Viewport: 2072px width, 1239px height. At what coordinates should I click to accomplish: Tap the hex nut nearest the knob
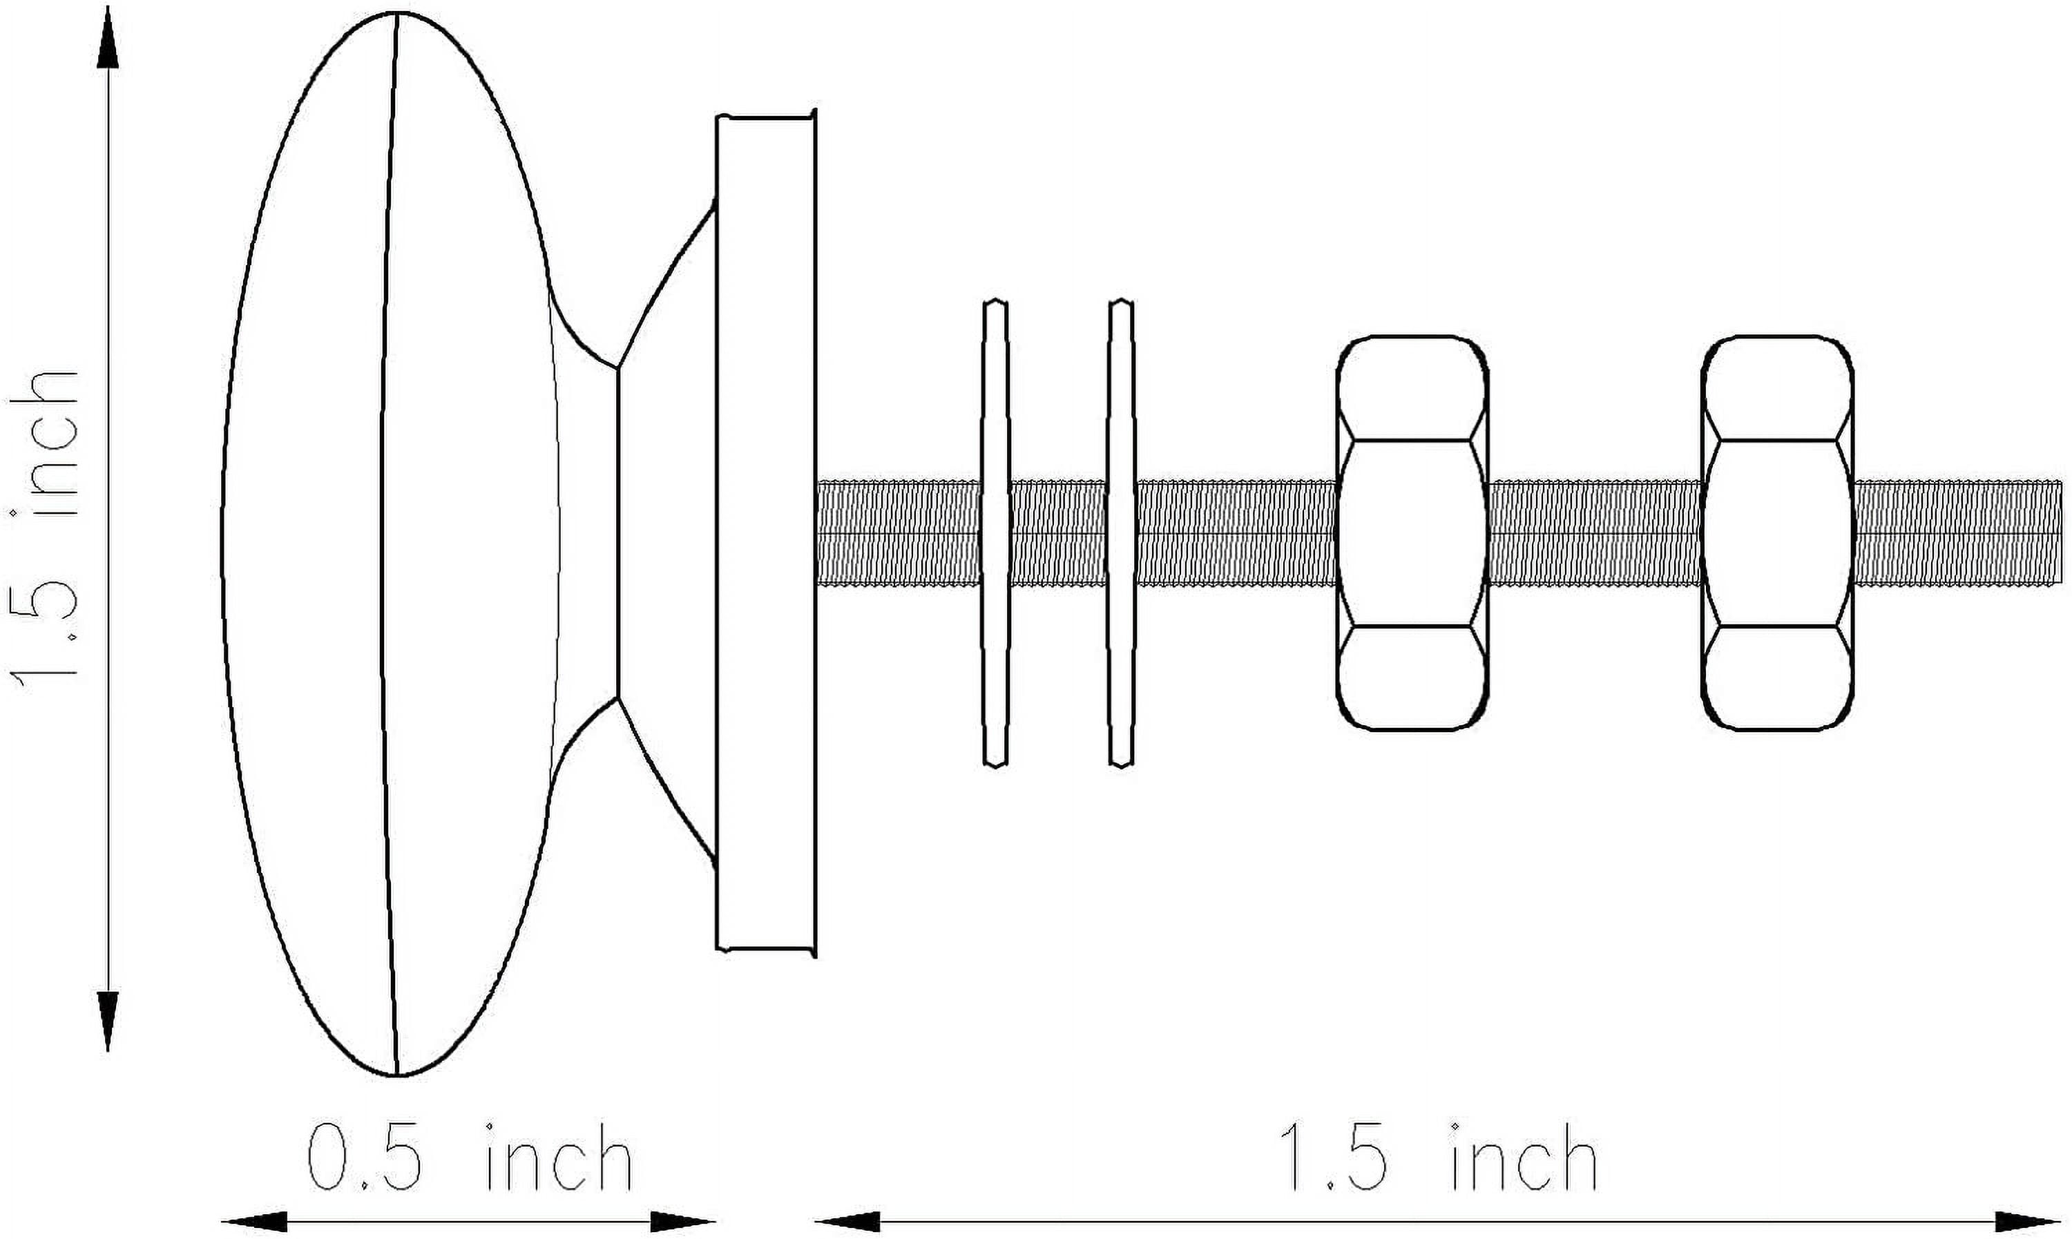point(1412,532)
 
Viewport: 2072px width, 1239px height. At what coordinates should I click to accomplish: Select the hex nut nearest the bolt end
point(1777,532)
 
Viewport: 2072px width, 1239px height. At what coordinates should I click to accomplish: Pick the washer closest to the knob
point(995,532)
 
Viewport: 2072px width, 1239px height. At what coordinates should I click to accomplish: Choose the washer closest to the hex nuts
point(1121,532)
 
